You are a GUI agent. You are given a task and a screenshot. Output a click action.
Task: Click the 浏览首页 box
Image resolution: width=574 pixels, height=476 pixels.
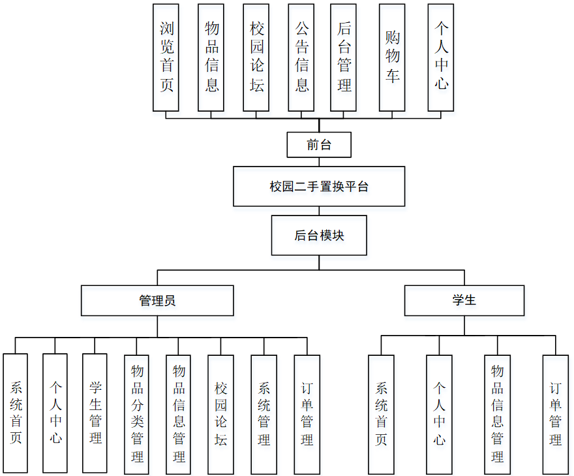[x=166, y=57]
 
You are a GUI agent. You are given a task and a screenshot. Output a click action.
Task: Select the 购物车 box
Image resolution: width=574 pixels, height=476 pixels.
[x=392, y=57]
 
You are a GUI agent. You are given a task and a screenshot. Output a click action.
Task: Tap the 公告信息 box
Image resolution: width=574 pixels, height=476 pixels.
[x=301, y=57]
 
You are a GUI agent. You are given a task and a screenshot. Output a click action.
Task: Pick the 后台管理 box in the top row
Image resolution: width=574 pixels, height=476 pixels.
[x=344, y=57]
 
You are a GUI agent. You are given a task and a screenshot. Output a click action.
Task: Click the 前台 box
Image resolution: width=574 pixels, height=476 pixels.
[x=319, y=145]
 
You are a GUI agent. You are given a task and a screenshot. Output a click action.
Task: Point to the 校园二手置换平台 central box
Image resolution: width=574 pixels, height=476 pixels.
[x=319, y=186]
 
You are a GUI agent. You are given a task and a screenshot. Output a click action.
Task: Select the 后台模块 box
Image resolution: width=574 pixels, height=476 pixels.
[x=319, y=236]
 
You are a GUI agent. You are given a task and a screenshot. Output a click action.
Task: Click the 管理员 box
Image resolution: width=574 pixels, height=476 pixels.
[x=157, y=300]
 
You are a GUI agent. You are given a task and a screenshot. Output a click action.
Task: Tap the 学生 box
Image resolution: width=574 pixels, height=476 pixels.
[x=464, y=300]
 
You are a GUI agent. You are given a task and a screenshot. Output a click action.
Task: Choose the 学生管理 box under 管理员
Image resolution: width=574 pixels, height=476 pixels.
[x=95, y=413]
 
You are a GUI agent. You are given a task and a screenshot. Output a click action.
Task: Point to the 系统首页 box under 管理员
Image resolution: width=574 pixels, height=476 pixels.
[x=16, y=413]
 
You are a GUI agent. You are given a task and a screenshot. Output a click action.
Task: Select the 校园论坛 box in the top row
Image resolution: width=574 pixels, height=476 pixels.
[x=256, y=57]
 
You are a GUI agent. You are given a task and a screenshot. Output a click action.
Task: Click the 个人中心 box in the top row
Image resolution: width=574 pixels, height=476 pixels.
[x=441, y=57]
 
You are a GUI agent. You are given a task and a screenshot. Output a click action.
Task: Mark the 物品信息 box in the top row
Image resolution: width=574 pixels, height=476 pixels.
[x=211, y=57]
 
